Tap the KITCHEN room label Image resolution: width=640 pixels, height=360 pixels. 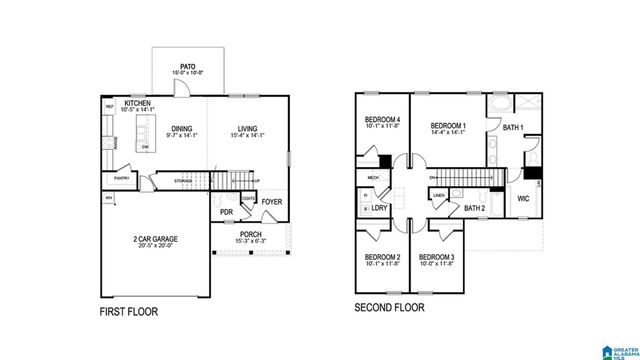138,102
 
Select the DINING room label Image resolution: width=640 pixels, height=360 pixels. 181,128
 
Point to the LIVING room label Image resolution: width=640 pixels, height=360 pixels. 247,128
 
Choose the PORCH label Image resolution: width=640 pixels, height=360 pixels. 250,234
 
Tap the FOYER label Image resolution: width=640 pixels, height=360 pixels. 273,202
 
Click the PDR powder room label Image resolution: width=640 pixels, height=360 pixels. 227,212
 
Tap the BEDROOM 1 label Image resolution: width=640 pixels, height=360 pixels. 450,121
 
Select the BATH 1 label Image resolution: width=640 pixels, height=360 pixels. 513,128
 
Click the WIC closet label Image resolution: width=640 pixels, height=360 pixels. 523,199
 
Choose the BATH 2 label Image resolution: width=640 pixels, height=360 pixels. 474,208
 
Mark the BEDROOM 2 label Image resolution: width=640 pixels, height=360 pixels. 382,259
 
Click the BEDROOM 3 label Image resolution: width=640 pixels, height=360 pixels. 437,259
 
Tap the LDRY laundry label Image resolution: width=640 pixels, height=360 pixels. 379,207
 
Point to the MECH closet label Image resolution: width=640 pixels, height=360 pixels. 372,178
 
